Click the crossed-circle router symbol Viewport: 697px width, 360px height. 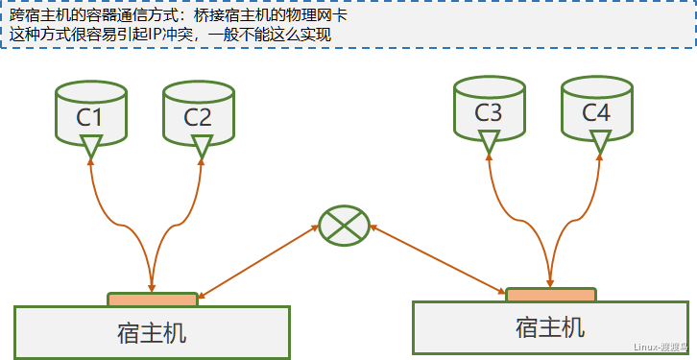pyautogui.click(x=344, y=226)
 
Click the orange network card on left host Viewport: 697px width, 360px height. pyautogui.click(x=153, y=300)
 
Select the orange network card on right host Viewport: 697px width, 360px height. pyautogui.click(x=549, y=295)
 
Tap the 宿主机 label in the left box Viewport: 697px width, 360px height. pyautogui.click(x=152, y=334)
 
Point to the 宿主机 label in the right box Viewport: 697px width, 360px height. pyautogui.click(x=549, y=327)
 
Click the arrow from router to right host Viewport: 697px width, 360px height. pyautogui.click(x=437, y=259)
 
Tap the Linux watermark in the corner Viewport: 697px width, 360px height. pyautogui.click(x=661, y=348)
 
